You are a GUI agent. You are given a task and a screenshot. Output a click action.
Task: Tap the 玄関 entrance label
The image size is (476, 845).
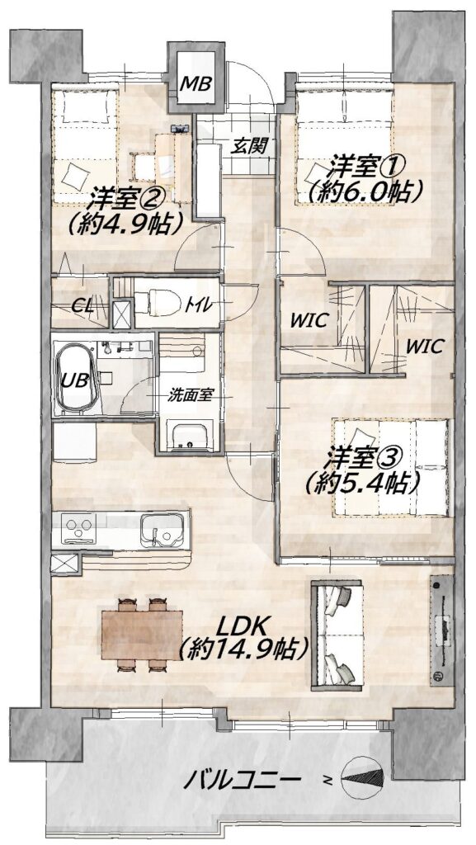pos(250,145)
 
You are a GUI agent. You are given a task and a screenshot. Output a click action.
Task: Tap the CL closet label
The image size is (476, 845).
pos(82,307)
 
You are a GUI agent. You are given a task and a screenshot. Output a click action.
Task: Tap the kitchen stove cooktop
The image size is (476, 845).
pos(79,528)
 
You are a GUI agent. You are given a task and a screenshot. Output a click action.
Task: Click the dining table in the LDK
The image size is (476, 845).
pos(142,635)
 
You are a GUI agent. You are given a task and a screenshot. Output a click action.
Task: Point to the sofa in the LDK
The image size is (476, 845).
pos(337,635)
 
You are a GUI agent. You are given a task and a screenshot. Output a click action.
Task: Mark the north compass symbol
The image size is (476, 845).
pos(364,777)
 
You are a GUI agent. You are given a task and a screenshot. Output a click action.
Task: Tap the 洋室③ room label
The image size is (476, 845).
pos(362,459)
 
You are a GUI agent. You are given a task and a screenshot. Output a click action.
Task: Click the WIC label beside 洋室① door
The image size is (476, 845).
pos(309,321)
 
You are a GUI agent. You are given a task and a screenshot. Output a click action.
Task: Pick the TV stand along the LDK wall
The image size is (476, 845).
pos(442,630)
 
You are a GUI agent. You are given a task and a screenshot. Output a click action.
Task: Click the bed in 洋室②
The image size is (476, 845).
pos(85,145)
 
